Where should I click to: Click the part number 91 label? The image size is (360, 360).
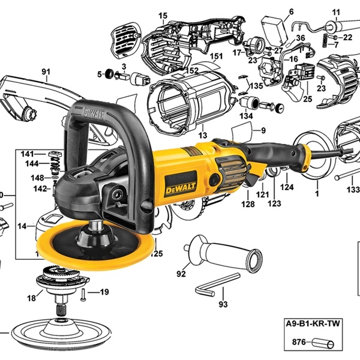46,73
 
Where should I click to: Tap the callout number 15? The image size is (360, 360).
163,15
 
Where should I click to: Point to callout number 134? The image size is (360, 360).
247,116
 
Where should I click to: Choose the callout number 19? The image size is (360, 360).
104,293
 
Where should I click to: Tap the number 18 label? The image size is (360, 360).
31,298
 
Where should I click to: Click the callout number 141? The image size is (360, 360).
28,154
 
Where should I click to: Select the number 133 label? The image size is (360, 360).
353,190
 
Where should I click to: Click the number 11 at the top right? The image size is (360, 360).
335,11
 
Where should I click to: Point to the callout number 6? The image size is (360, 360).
292,11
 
